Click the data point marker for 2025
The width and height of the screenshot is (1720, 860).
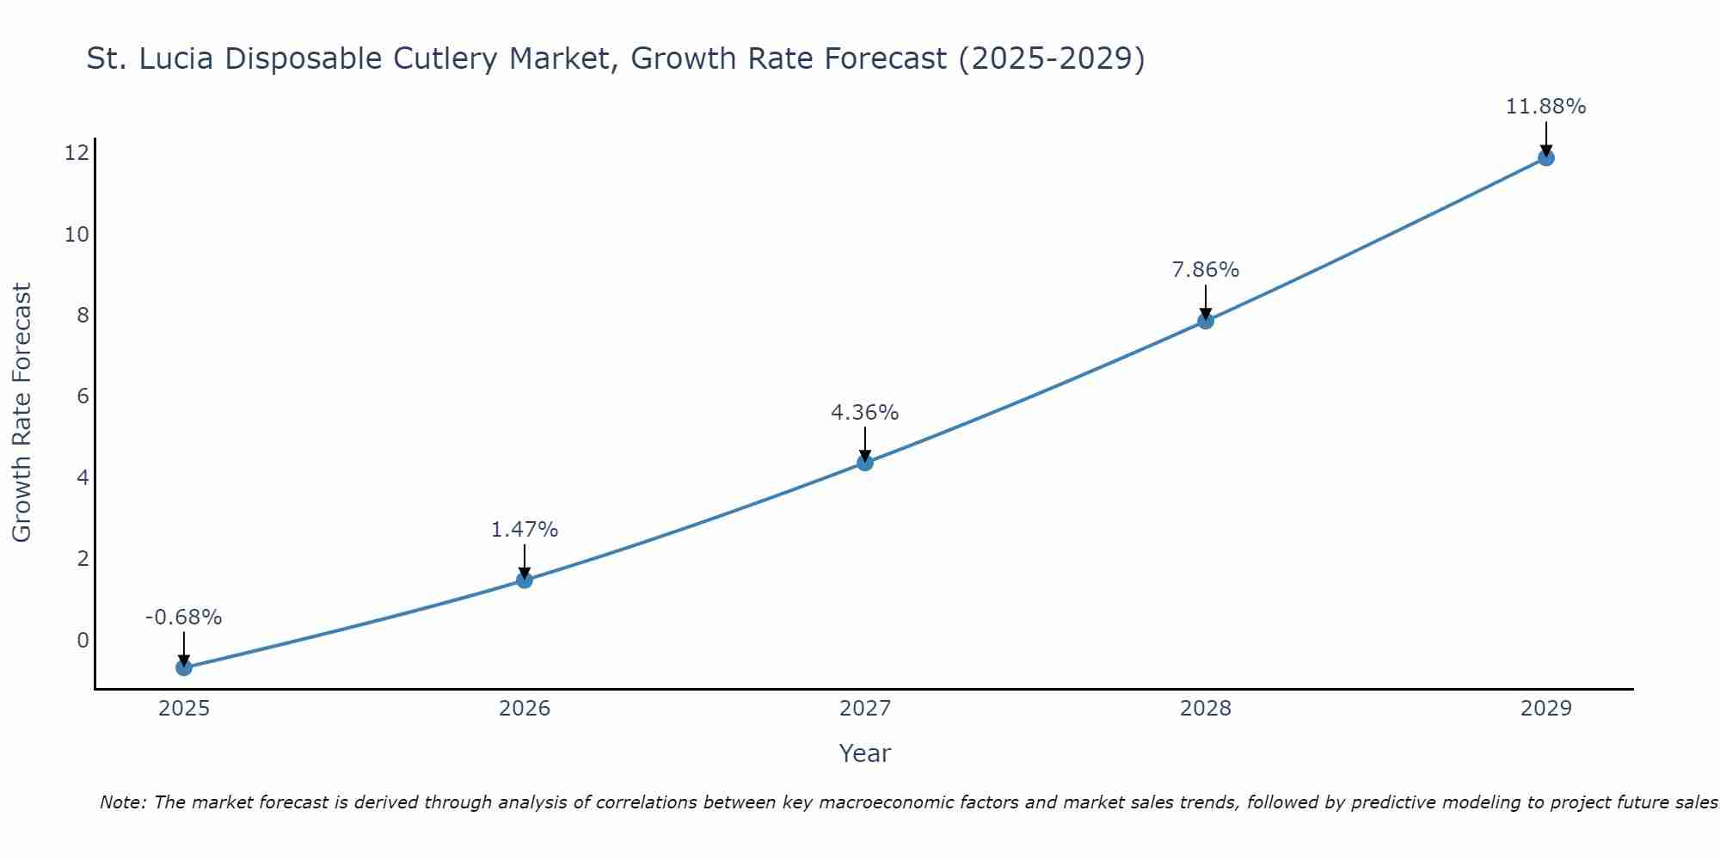[184, 667]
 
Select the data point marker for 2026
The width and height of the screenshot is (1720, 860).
[525, 580]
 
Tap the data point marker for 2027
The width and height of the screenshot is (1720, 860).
[865, 463]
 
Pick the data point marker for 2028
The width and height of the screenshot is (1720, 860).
[1206, 321]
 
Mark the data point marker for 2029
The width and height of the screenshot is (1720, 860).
[1545, 157]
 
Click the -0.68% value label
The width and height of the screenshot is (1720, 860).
[183, 617]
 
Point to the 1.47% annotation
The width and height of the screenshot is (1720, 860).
[525, 530]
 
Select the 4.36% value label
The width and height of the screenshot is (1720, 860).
[864, 413]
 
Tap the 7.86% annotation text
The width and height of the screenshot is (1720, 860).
[1205, 270]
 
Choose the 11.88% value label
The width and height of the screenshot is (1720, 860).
[1545, 107]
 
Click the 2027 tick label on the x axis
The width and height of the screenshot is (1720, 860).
[865, 709]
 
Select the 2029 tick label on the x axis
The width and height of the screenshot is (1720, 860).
[1545, 709]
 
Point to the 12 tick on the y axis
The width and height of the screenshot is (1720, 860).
[77, 153]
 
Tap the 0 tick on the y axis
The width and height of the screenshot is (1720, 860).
[83, 640]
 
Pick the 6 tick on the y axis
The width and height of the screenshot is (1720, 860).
[83, 396]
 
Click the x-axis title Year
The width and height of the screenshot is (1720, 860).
[864, 753]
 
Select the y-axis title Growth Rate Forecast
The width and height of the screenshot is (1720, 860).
[21, 413]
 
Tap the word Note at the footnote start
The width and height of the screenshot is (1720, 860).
[124, 802]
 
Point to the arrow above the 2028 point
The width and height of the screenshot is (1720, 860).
[1206, 300]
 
